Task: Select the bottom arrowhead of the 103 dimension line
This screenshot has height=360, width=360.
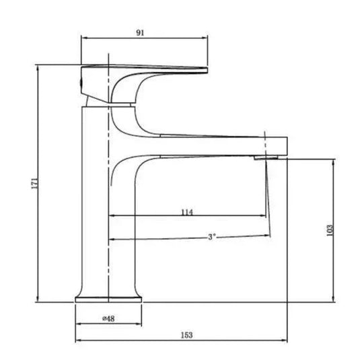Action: (x=334, y=299)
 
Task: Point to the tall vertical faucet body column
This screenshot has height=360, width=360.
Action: (x=94, y=202)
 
